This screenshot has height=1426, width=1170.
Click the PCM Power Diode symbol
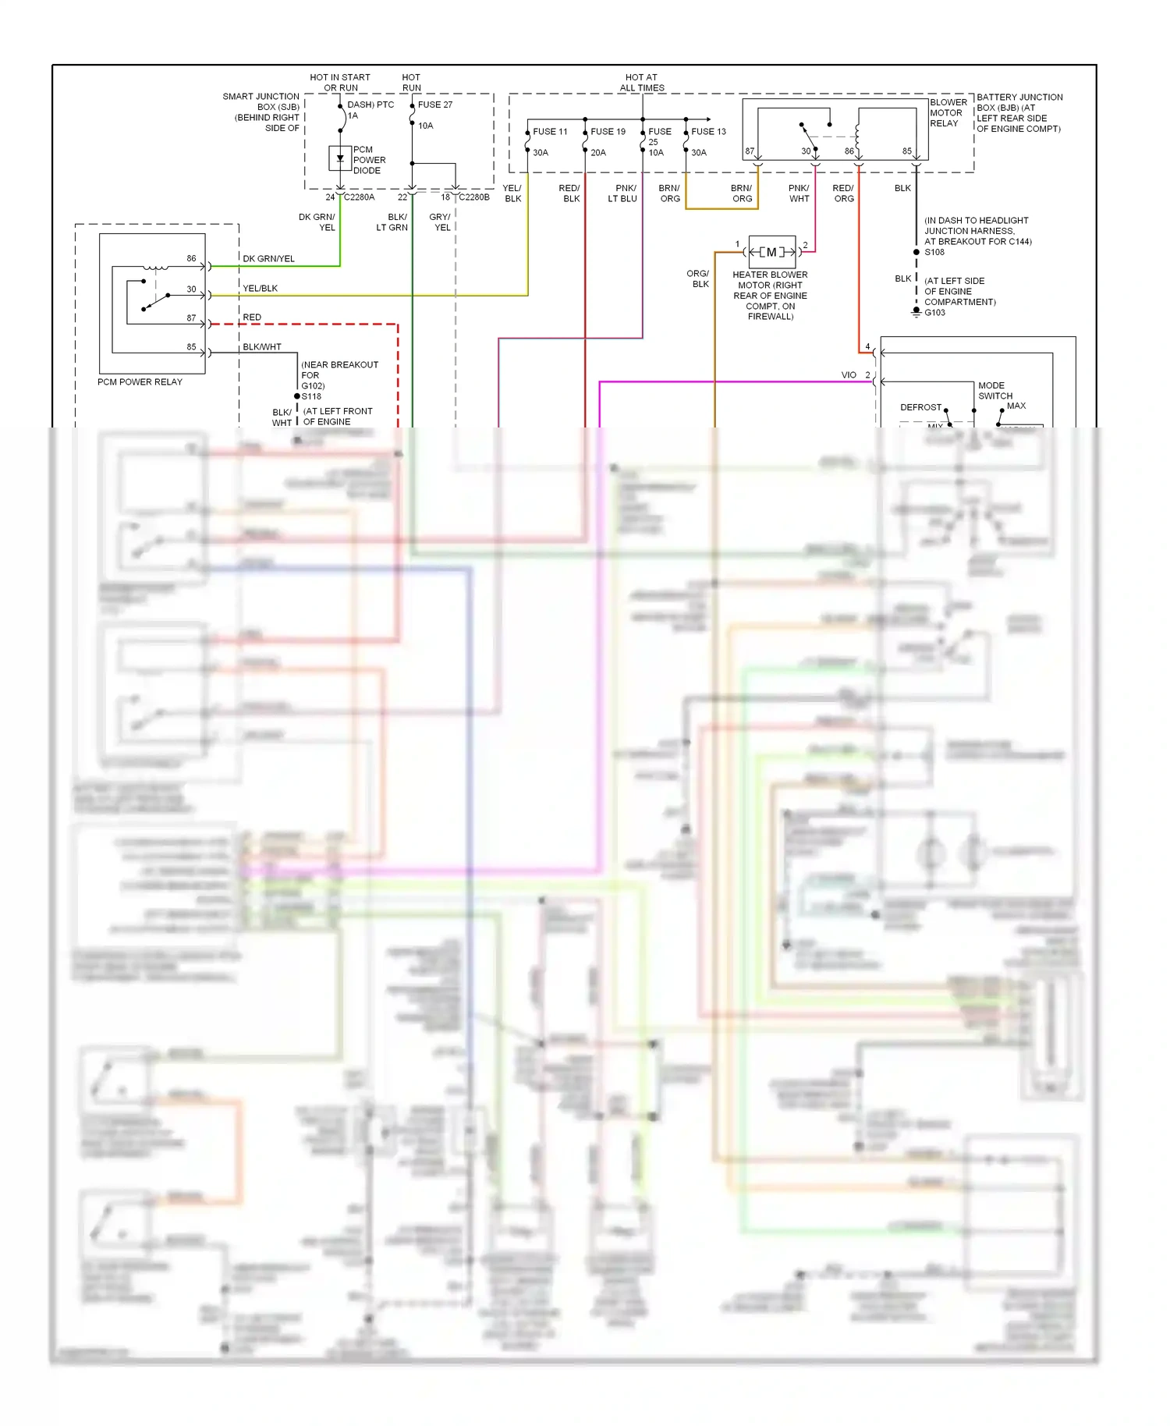coord(340,159)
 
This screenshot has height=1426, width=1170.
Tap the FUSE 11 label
coord(550,132)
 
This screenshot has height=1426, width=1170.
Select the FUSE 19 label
coord(608,132)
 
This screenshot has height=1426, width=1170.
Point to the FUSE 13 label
coord(708,132)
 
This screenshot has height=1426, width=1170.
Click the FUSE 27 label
coord(434,105)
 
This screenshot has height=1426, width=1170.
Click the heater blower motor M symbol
coord(771,252)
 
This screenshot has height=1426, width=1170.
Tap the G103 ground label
coord(934,313)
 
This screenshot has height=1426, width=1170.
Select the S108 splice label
coord(934,252)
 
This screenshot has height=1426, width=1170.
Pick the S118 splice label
coord(311,396)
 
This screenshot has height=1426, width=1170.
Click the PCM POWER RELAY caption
coord(140,382)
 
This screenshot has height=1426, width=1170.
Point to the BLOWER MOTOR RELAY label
coord(948,113)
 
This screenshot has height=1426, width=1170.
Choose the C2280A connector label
coord(359,197)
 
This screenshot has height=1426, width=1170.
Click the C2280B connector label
coord(474,197)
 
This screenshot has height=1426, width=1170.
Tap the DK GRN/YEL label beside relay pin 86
coord(268,259)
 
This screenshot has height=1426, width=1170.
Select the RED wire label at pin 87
coord(252,317)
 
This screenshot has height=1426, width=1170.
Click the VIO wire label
coord(849,375)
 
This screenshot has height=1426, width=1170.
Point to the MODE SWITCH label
coord(994,391)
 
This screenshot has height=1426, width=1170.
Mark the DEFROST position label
coord(920,407)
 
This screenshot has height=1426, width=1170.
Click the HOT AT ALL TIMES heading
coord(642,83)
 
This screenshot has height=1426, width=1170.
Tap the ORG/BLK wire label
coord(698,279)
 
